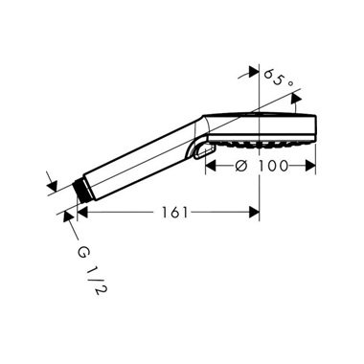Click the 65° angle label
(x=279, y=79)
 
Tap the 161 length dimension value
(x=175, y=213)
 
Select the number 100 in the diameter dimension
(x=273, y=166)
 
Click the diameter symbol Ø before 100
(x=242, y=166)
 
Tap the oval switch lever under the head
(x=204, y=150)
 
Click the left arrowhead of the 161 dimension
(x=82, y=212)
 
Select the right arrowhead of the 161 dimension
(x=254, y=212)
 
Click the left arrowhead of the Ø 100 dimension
(x=211, y=166)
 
